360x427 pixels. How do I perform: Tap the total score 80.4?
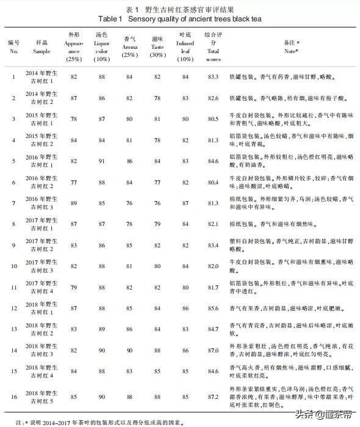coord(213,182)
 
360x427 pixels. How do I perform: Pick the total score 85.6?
coord(213,309)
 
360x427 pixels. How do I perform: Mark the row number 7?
coord(13,203)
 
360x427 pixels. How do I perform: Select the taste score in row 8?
coord(157,224)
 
